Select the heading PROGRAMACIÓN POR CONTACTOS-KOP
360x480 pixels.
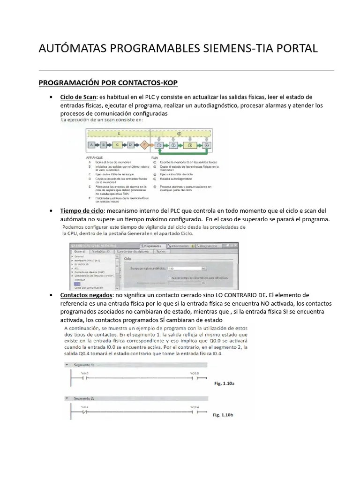pos(108,83)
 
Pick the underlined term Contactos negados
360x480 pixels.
pos(86,295)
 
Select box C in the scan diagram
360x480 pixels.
pos(117,144)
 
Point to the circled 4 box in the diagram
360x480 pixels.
pos(207,145)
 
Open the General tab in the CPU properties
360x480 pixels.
pos(80,252)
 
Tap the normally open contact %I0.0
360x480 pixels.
pos(84,377)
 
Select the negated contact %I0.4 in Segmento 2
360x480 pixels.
pos(85,413)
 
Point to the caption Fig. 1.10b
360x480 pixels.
pos(223,415)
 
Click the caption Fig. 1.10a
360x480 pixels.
pos(224,383)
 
